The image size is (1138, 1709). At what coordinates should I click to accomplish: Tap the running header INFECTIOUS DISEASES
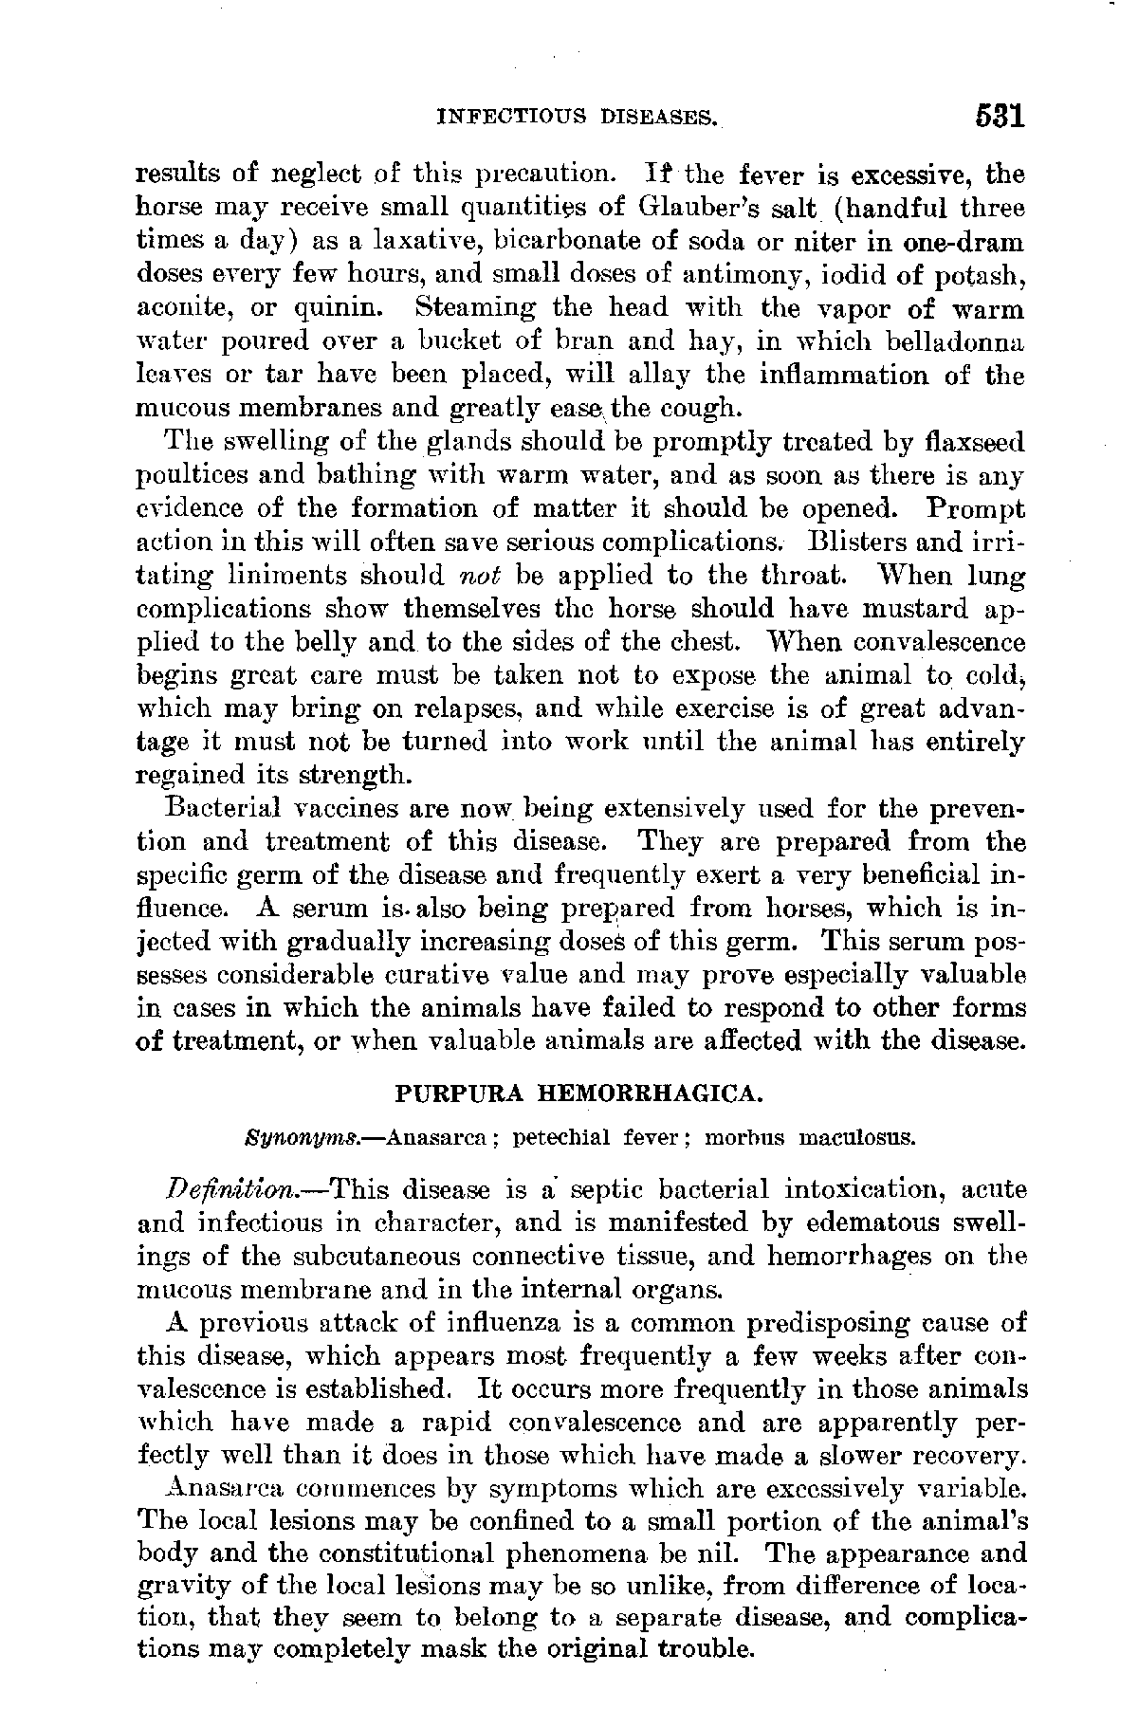(x=576, y=119)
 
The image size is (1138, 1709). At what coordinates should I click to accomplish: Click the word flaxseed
(x=968, y=443)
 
